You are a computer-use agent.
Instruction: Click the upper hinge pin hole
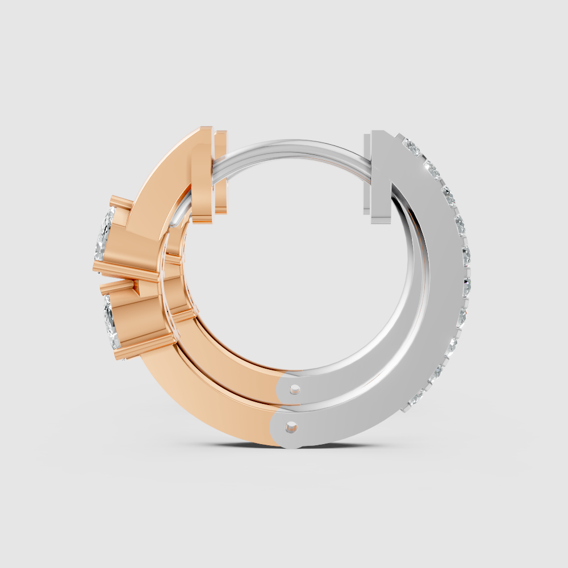point(294,389)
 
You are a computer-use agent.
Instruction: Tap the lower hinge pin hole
point(292,425)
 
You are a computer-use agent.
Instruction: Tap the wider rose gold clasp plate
point(202,176)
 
